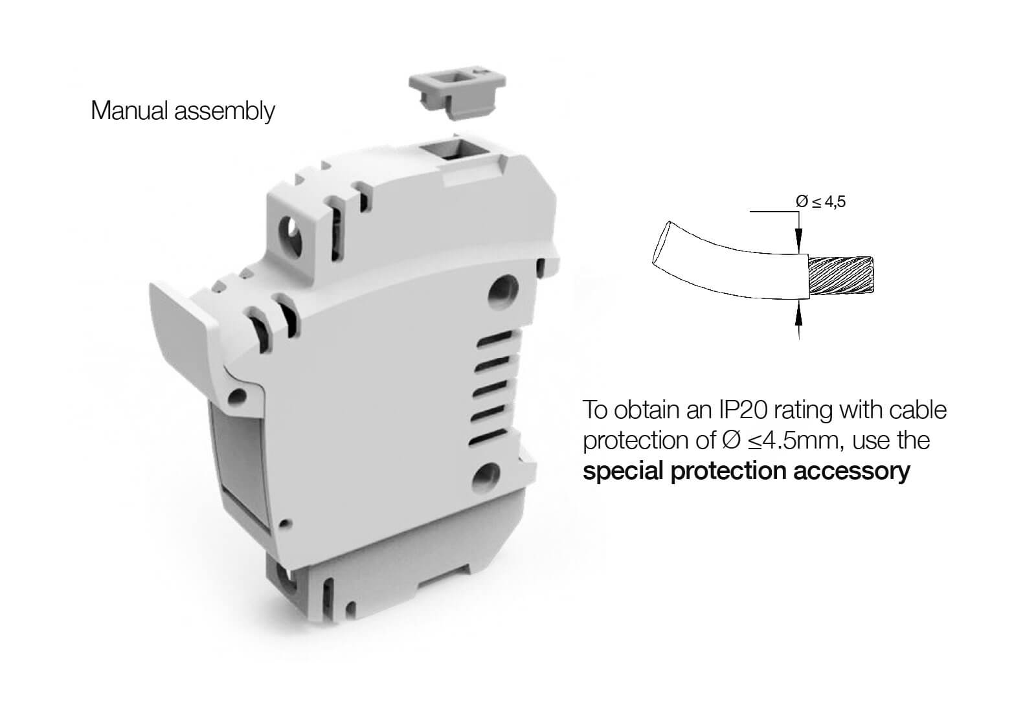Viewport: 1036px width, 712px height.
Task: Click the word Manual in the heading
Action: point(129,111)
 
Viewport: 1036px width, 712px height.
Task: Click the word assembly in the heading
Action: point(224,112)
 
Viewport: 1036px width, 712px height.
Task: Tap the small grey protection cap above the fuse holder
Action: point(457,93)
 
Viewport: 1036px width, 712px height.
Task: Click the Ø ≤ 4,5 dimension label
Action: point(820,201)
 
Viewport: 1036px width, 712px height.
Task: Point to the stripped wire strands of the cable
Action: point(841,276)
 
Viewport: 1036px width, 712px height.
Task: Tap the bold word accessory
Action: point(852,471)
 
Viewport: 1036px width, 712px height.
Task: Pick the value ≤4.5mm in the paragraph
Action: point(793,441)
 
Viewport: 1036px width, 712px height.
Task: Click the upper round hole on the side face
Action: point(504,290)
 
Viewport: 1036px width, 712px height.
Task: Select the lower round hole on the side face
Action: point(486,476)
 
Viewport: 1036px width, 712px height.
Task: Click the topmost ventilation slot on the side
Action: point(495,339)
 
